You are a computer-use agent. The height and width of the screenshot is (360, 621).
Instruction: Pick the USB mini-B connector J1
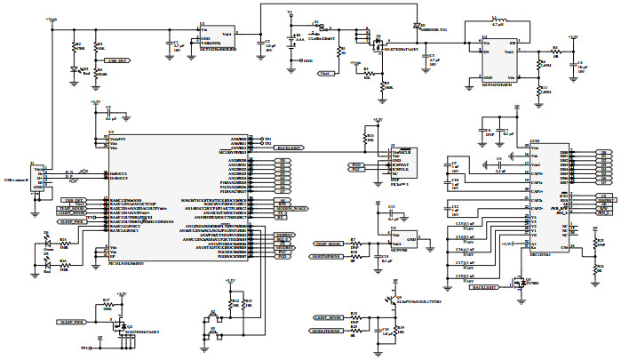(x=37, y=177)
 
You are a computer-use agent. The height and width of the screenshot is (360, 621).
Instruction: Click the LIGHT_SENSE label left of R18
(x=329, y=317)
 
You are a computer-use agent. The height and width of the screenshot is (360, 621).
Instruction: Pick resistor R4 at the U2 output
(x=555, y=51)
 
